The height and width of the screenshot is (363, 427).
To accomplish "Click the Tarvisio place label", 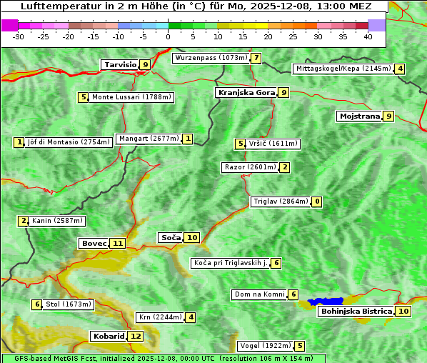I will [119, 64].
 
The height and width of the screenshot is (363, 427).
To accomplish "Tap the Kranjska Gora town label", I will [246, 92].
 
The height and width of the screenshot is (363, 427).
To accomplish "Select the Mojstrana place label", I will [359, 116].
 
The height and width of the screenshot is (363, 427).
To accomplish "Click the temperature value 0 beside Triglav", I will [317, 202].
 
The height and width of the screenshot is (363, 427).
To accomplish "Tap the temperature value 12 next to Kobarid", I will [136, 336].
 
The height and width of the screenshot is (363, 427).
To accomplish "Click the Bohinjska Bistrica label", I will [356, 311].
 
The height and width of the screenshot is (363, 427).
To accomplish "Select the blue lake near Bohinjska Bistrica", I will [326, 302].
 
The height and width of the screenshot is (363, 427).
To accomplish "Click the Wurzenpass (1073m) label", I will [211, 58].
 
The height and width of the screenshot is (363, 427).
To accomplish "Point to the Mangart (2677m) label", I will [149, 139].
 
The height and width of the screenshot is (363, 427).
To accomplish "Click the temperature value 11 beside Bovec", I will [118, 243].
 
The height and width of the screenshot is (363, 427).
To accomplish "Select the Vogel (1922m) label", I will [263, 346].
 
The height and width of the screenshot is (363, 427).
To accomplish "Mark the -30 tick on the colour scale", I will [19, 36].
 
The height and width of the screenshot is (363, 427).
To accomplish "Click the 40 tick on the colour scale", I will [368, 36].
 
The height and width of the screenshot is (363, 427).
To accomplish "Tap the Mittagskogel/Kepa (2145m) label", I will [343, 69].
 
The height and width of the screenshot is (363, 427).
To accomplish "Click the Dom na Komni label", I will [259, 294].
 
